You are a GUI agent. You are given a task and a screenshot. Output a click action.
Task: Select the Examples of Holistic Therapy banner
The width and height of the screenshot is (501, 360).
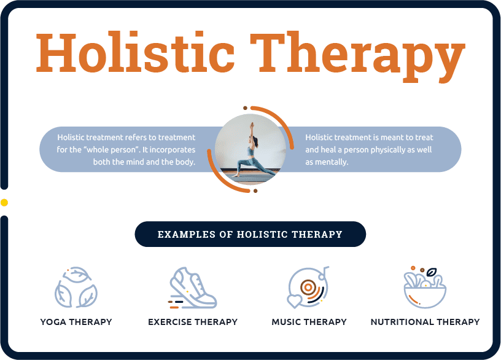point(250,234)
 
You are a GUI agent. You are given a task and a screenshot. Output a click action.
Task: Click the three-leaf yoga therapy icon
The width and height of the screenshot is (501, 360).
point(76,287)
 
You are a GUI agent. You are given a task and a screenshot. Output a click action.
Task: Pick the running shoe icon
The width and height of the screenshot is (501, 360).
point(192,287)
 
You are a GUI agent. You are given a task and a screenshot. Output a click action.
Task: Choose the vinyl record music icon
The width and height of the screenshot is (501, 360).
point(309,287)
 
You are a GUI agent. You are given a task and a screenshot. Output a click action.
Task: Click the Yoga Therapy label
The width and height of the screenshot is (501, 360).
point(76,322)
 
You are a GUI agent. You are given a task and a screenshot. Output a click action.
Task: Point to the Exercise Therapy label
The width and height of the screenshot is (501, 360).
point(193,322)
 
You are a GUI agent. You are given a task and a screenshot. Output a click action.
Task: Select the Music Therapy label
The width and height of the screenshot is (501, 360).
point(309,322)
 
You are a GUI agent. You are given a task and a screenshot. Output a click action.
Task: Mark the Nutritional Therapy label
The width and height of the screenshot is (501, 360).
point(425,322)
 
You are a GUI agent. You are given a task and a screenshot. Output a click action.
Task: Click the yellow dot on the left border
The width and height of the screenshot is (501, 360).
point(4,202)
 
